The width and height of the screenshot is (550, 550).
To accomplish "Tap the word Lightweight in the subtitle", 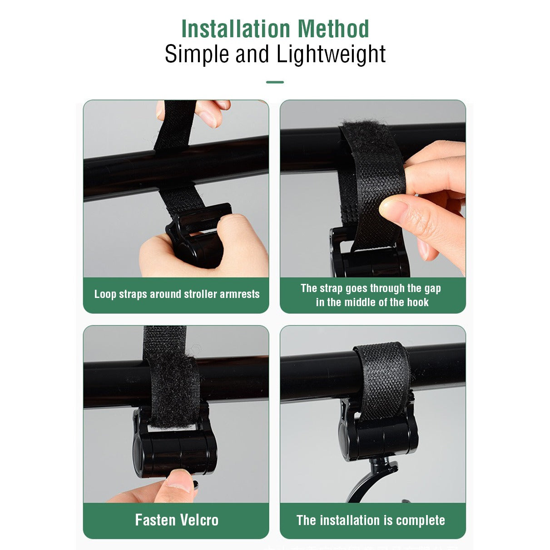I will pyautogui.click(x=331, y=55).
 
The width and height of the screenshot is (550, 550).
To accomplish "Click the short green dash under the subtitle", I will pyautogui.click(x=275, y=82).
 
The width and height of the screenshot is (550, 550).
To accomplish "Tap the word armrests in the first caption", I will pyautogui.click(x=240, y=294).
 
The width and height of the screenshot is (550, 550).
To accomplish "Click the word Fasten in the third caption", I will pyautogui.click(x=154, y=520).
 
